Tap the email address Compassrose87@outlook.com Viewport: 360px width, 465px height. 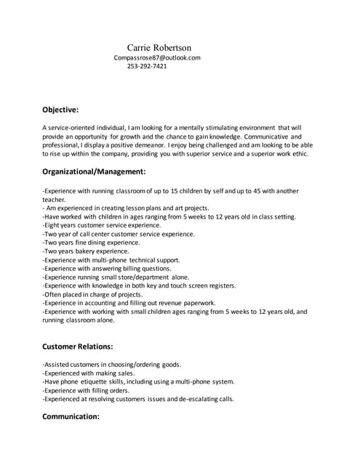[157, 57]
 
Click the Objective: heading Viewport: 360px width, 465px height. [60, 110]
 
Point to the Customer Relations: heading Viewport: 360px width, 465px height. [78, 347]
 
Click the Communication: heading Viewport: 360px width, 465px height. [71, 416]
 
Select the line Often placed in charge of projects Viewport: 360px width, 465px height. [92, 294]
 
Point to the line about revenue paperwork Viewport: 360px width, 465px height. [129, 303]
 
